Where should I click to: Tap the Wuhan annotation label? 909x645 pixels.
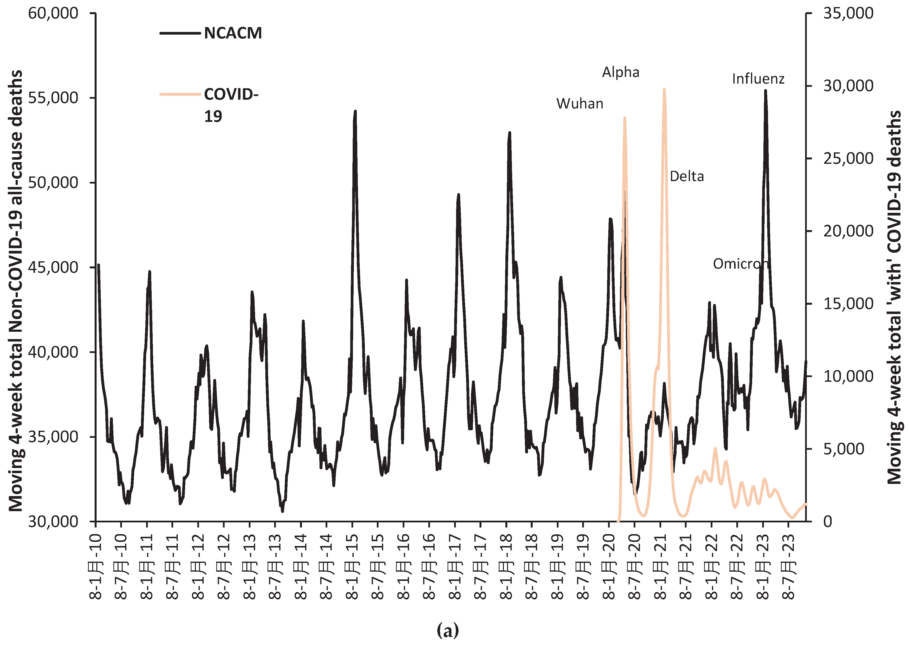(580, 104)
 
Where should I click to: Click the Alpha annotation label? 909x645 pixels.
(620, 72)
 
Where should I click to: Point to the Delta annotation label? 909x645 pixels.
(687, 176)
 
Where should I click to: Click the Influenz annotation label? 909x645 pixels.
(758, 79)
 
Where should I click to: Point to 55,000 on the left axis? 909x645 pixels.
(53, 98)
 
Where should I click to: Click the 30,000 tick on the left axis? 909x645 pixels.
(53, 521)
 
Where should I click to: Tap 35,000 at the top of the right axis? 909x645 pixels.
(848, 13)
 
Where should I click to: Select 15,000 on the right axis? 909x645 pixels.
(848, 304)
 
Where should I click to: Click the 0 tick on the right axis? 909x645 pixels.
(828, 521)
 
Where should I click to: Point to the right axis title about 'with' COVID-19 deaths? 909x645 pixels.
(895, 297)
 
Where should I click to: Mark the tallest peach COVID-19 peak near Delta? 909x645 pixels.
(664, 90)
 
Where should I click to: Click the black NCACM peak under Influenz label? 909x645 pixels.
(765, 91)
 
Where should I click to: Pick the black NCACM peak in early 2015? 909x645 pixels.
(355, 112)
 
